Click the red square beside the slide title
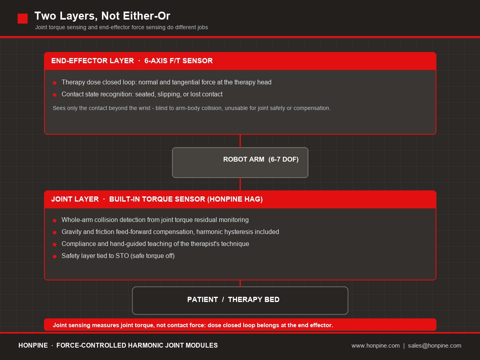(22, 18)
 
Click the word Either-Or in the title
(146, 16)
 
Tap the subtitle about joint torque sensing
(122, 27)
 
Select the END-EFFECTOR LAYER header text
(92, 61)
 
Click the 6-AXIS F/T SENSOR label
(178, 61)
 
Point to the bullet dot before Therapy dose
(55, 83)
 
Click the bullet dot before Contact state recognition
(55, 95)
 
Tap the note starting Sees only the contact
(192, 108)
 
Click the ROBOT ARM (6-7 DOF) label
(261, 159)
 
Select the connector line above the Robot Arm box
(240, 141)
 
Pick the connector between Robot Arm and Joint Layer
(240, 184)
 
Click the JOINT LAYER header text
(75, 199)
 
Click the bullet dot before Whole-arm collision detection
(55, 220)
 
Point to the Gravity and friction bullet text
(170, 232)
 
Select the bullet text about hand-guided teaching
(155, 244)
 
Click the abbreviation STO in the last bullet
(122, 256)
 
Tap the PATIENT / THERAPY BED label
(233, 300)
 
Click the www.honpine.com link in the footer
(376, 346)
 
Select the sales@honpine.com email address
(434, 346)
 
